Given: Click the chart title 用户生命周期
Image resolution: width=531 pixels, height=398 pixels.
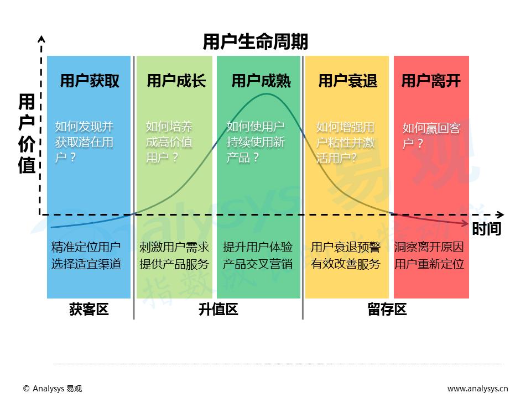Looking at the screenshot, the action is point(255,42).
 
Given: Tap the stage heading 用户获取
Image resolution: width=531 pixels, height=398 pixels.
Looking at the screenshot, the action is point(90,81).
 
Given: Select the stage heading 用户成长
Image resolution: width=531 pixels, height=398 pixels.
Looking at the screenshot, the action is point(176,81).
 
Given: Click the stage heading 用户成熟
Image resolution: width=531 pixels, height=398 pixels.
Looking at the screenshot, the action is point(261,81).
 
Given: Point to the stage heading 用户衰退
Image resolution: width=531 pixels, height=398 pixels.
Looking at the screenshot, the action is point(347,81).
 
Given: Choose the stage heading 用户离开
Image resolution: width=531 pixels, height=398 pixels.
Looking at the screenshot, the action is point(431,81).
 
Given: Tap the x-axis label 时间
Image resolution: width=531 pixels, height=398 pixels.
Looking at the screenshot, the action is point(486,228).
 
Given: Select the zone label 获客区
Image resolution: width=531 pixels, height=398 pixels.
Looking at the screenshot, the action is point(88,310).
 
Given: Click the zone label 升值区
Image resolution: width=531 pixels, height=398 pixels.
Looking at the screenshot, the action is point(218,310).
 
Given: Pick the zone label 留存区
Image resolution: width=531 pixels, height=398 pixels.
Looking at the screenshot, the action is point(387,310).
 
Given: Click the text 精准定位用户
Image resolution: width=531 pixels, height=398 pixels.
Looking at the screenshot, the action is point(86,247).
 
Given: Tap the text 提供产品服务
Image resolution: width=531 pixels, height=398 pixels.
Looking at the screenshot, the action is point(174,264).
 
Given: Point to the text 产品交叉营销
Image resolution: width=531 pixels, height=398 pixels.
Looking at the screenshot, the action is point(258,264).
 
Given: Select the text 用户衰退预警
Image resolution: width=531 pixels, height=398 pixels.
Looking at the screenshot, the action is point(346,247).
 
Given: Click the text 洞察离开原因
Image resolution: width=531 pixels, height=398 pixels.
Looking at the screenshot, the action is point(429,247).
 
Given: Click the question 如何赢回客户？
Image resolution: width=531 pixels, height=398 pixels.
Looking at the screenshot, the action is point(431,136).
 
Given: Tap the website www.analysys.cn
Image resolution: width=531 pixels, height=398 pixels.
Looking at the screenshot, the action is point(478,389).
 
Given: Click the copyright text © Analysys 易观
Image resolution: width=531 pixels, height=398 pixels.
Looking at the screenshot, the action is point(53,389).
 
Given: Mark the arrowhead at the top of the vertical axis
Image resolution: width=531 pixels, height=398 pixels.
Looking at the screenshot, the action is point(40,39).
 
